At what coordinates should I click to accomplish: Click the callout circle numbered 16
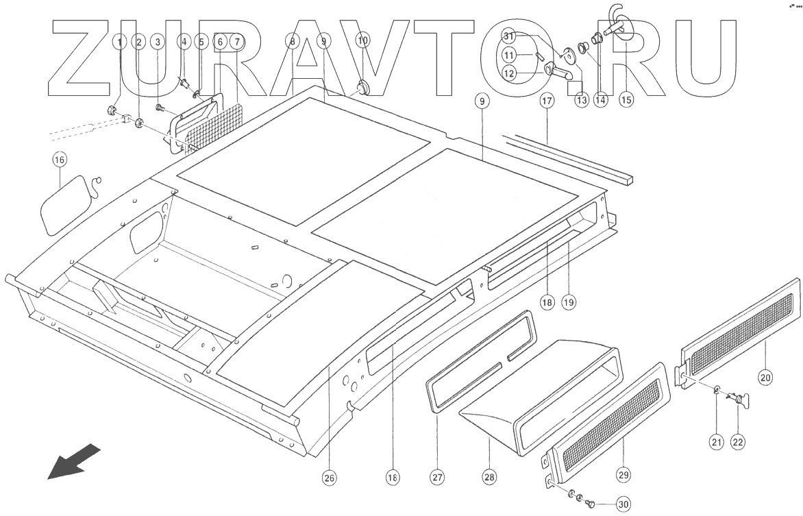click(x=60, y=160)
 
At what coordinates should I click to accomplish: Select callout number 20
click(x=765, y=376)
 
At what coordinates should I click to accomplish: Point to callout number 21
click(x=716, y=442)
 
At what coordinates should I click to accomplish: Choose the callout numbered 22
click(x=738, y=442)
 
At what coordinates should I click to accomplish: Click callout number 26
click(x=330, y=478)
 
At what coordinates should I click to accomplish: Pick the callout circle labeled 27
click(x=437, y=478)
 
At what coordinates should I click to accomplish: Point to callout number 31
click(x=508, y=36)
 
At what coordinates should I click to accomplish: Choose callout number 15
click(x=626, y=99)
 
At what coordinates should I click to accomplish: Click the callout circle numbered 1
click(x=121, y=42)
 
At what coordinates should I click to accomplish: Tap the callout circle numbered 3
click(x=158, y=42)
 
